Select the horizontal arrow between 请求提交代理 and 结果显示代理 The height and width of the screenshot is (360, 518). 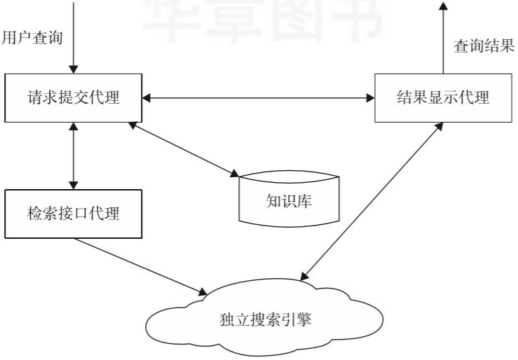click(x=259, y=97)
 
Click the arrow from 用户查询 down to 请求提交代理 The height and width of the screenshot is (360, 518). click(x=73, y=35)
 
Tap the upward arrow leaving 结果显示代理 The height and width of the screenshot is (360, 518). click(x=443, y=39)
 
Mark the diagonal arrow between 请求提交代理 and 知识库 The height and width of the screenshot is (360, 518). click(x=184, y=149)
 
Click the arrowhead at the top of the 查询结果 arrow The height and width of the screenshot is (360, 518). click(x=443, y=6)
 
